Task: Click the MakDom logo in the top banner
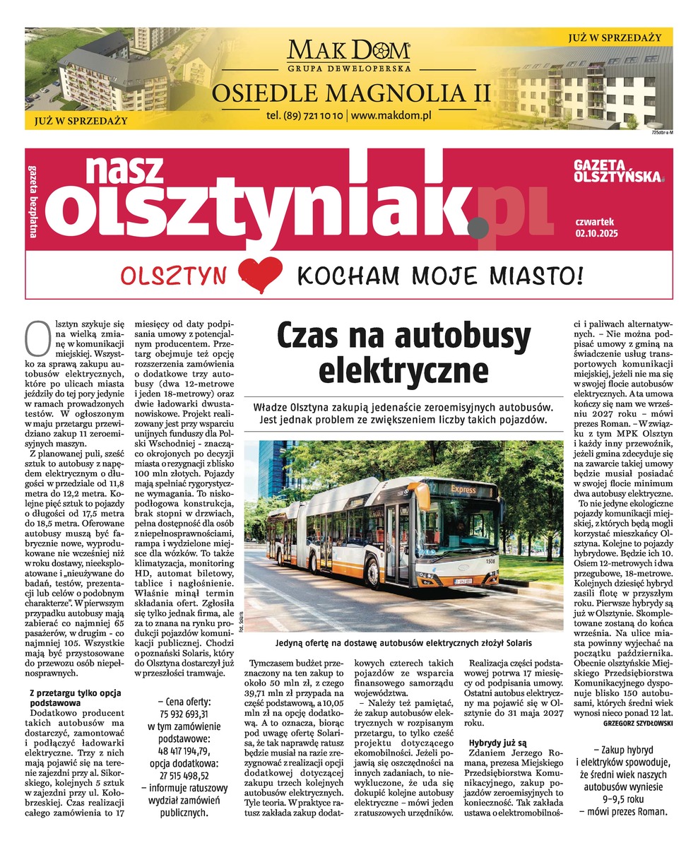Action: pyautogui.click(x=348, y=52)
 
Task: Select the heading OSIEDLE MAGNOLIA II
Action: pyautogui.click(x=351, y=92)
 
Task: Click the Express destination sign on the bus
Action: pyautogui.click(x=463, y=489)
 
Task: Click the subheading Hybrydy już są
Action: pyautogui.click(x=497, y=743)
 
